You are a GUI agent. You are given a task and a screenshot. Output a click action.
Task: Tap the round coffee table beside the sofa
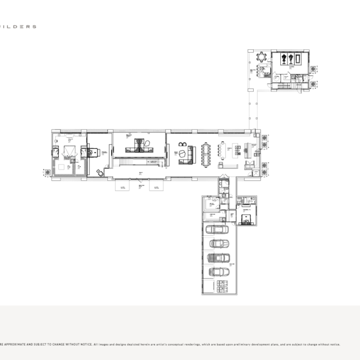click(x=182, y=152)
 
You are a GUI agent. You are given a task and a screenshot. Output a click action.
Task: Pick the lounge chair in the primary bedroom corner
click(x=100, y=172)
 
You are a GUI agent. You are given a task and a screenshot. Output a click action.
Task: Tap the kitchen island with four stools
click(x=227, y=150)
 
